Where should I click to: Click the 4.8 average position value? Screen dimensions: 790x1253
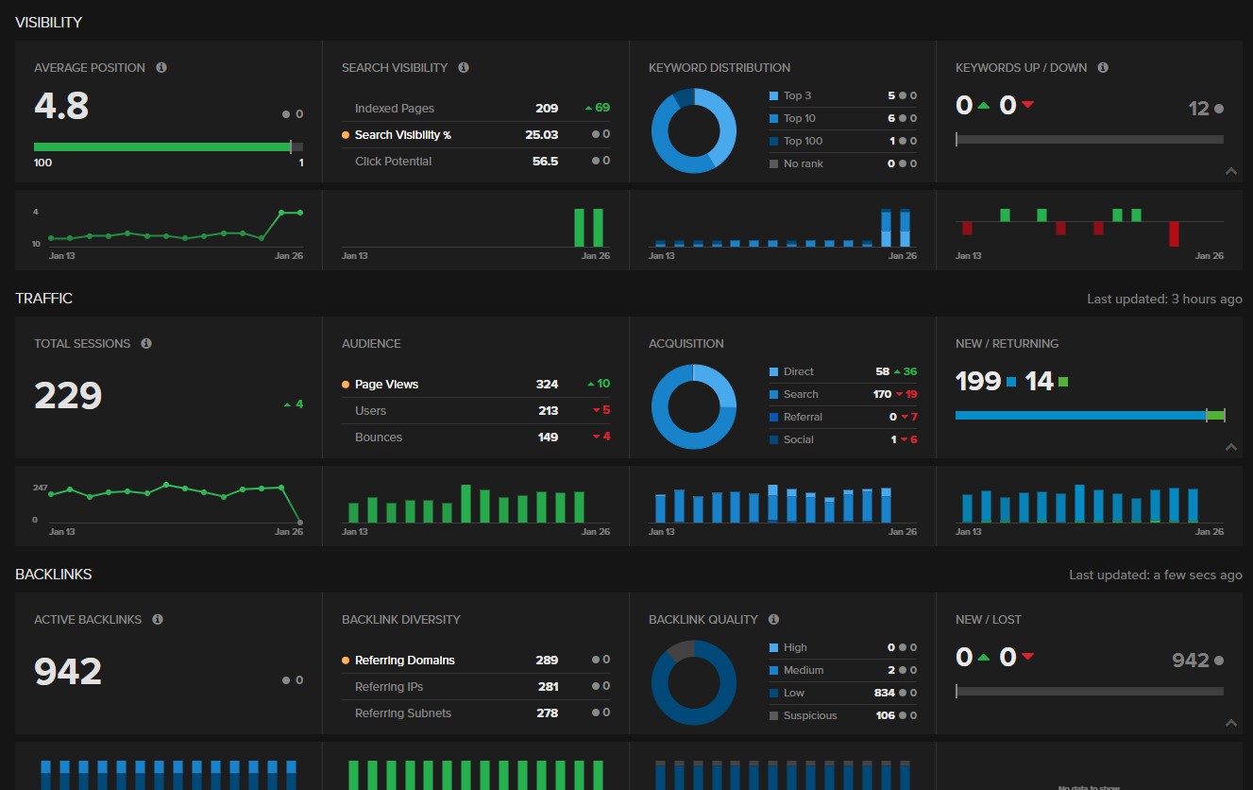pos(61,106)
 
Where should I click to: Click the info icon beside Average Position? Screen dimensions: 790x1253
pos(161,68)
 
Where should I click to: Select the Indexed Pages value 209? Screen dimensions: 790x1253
pos(547,109)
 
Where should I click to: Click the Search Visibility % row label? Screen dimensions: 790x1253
pos(402,135)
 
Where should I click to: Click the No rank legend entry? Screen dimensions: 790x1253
pos(803,163)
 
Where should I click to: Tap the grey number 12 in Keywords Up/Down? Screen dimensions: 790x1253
pos(1199,109)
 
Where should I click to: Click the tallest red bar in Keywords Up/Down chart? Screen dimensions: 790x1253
pos(1174,233)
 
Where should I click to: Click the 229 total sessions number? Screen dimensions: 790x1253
pos(68,396)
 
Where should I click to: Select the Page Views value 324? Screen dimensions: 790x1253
pos(547,385)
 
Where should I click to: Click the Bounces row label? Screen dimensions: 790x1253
pos(379,438)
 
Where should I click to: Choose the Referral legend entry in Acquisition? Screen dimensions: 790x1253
pos(803,417)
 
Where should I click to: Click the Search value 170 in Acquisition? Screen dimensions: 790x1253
pos(882,394)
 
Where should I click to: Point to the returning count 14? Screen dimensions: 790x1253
pos(1039,381)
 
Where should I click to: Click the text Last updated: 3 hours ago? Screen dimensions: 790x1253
pos(1164,299)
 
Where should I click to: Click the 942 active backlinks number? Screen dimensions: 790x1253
pos(68,672)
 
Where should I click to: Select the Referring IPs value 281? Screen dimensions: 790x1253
pos(548,687)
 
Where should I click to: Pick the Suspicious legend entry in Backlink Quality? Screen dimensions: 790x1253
pos(809,715)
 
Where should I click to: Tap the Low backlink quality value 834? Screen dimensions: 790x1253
pos(884,693)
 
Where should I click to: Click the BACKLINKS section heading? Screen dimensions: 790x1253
pos(53,575)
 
